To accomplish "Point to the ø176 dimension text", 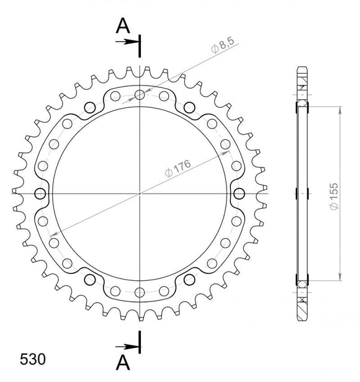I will point(178,168).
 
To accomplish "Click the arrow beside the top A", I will point(130,42).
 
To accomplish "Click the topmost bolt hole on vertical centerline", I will point(141,94).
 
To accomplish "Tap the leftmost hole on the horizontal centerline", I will point(42,193).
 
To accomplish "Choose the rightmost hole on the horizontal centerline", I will point(239,193).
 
